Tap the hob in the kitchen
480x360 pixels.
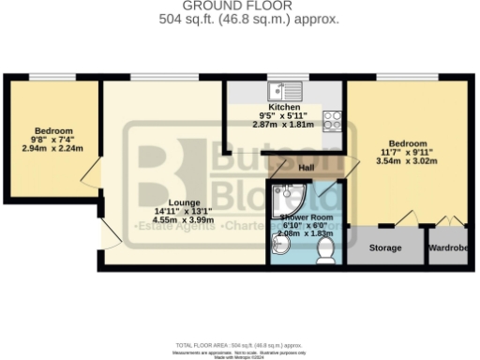click(x=332, y=119)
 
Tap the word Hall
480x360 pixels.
click(x=306, y=168)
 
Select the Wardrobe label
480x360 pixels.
click(x=448, y=248)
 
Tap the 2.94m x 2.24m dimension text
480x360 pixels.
click(x=53, y=147)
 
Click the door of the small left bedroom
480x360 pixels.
click(x=90, y=174)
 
